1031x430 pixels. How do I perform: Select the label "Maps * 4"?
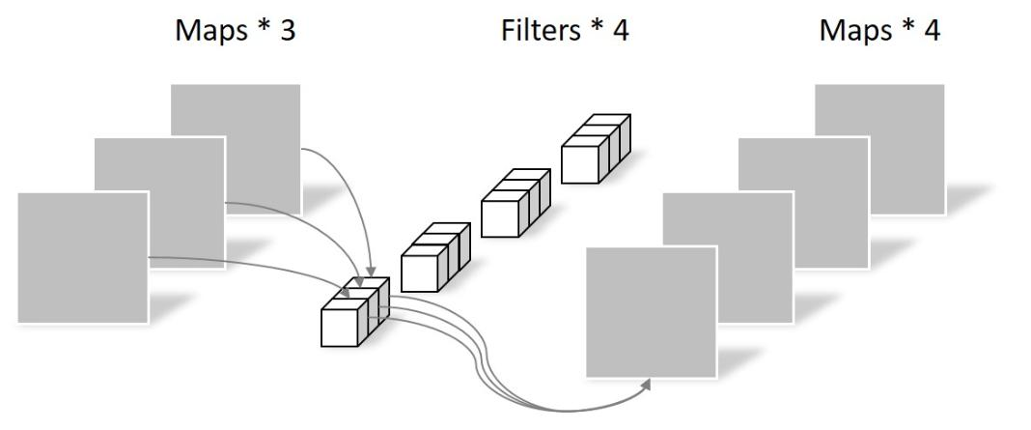coord(880,31)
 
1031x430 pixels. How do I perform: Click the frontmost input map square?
coord(83,257)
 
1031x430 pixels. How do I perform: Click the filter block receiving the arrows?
coord(353,314)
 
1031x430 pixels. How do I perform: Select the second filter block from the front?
coord(433,260)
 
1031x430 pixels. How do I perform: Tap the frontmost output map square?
coord(652,311)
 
